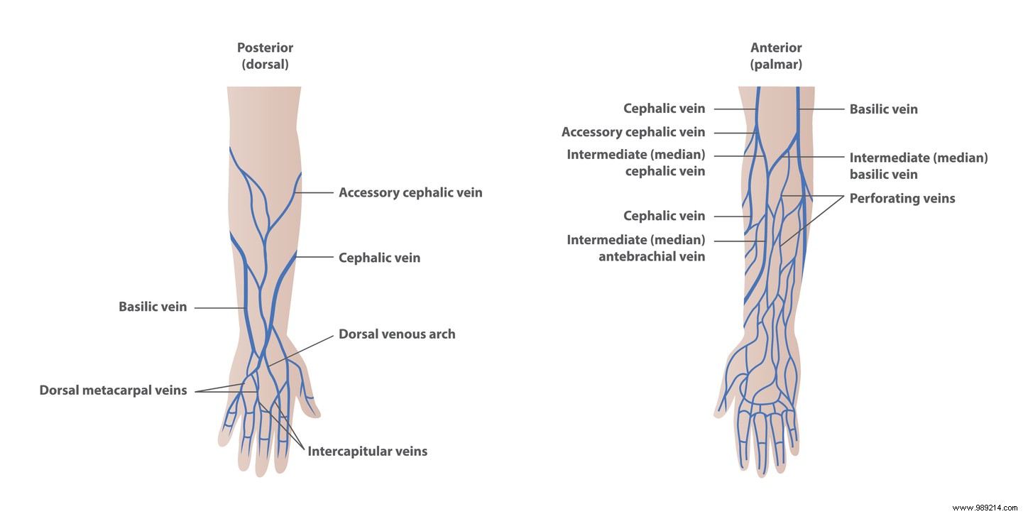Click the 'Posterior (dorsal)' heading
tap(265, 55)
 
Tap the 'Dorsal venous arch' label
tap(397, 333)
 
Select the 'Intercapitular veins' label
tap(367, 451)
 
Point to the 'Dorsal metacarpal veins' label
tap(113, 390)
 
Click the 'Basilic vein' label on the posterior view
tap(153, 307)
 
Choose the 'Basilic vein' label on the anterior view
tap(883, 109)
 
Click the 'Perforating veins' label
tap(902, 198)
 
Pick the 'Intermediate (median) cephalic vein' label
tap(635, 163)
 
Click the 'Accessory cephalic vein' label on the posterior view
tap(410, 192)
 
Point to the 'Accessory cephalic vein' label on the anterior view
tap(633, 131)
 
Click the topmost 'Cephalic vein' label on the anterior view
tap(664, 109)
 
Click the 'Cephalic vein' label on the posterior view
tap(379, 258)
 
